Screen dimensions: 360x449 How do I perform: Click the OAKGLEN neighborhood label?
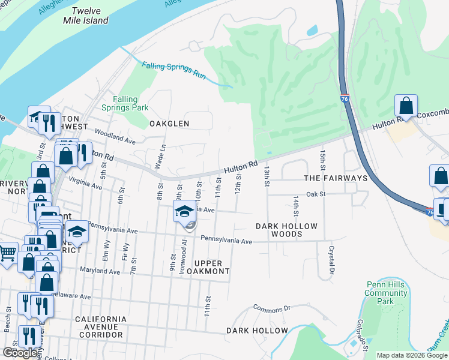(x=169, y=124)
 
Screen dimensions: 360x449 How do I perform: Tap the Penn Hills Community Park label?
(x=385, y=289)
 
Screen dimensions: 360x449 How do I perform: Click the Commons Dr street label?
(x=271, y=308)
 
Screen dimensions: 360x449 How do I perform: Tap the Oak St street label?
(x=316, y=194)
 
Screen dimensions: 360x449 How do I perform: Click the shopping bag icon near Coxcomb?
(x=406, y=106)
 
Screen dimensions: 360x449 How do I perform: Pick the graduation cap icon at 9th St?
(x=184, y=211)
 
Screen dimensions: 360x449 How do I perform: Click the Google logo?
(x=20, y=353)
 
